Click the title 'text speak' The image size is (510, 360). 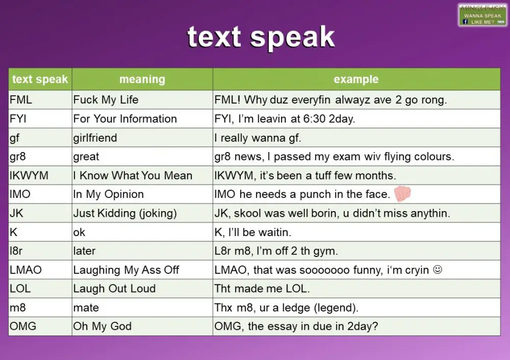click(x=261, y=37)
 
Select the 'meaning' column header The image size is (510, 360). click(x=142, y=80)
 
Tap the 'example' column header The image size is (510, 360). click(x=356, y=80)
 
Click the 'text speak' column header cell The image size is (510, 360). click(x=40, y=80)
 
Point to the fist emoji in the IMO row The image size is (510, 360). click(x=402, y=193)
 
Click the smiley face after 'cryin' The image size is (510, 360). click(x=437, y=270)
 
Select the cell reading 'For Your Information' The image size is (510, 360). click(x=125, y=119)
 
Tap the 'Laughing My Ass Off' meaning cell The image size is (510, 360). click(x=126, y=270)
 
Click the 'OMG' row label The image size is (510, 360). click(x=23, y=326)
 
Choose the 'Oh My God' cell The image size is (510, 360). click(x=103, y=326)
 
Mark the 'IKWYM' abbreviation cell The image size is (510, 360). click(x=29, y=175)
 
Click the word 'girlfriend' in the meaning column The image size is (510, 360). click(x=95, y=138)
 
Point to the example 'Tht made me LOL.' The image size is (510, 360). click(x=262, y=289)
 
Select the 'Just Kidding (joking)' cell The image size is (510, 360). click(x=125, y=213)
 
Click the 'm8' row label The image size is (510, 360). click(x=18, y=307)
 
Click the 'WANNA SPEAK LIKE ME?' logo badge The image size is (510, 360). click(x=482, y=15)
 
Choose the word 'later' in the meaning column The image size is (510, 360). click(x=84, y=251)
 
